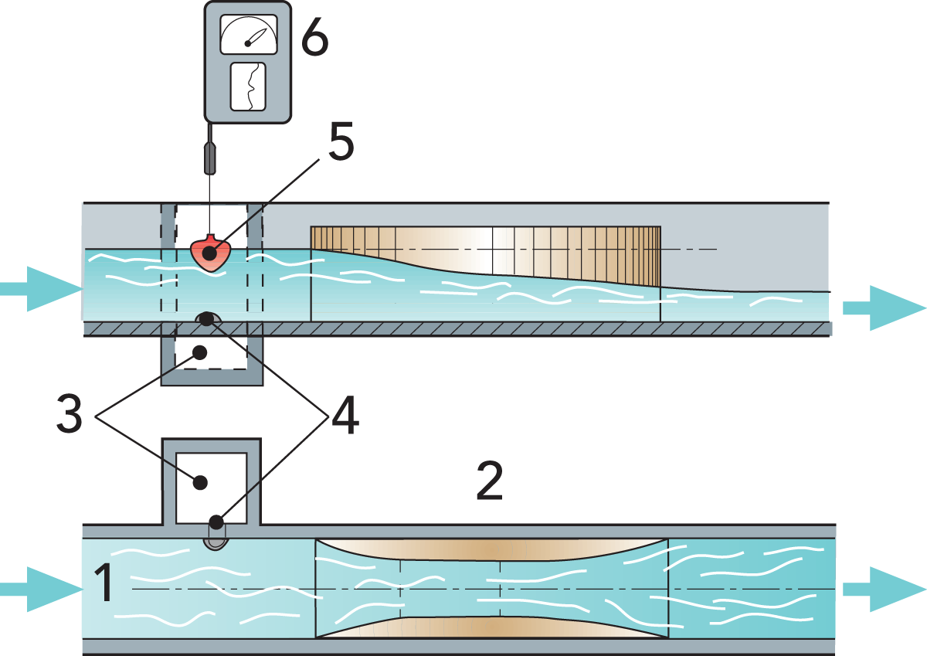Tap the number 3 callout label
pos(70,414)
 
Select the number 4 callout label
pos(345,418)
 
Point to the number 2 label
pos(489,482)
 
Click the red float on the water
pos(209,253)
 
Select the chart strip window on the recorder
pos(248,87)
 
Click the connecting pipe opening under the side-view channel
pos(206,318)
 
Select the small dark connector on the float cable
pos(209,158)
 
